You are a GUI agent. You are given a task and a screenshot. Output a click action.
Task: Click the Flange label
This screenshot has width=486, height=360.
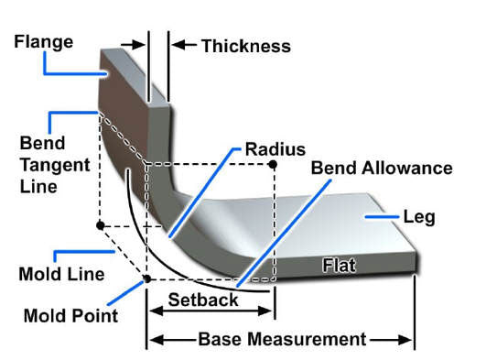pyautogui.click(x=41, y=40)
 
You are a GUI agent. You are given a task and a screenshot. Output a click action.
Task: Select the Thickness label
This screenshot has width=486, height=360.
pyautogui.click(x=245, y=46)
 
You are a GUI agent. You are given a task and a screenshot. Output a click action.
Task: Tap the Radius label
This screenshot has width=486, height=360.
pyautogui.click(x=275, y=148)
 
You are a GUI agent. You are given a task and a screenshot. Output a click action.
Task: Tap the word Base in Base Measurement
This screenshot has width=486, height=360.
pyautogui.click(x=219, y=339)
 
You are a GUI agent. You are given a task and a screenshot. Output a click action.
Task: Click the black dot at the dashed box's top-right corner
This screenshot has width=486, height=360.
pyautogui.click(x=272, y=164)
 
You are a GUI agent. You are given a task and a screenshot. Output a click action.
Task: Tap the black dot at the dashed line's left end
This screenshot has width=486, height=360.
pyautogui.click(x=100, y=224)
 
